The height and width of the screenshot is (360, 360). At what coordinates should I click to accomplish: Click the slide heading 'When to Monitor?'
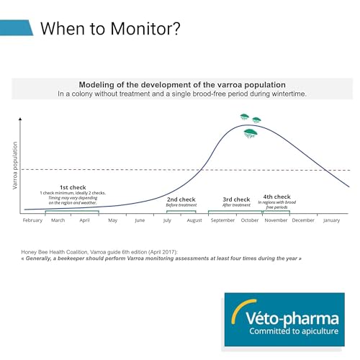(109, 28)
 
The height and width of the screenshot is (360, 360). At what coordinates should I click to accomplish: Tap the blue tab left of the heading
(16, 27)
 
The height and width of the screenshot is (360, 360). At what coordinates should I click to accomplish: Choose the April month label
(85, 220)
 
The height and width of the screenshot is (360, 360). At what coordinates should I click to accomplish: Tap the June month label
(140, 220)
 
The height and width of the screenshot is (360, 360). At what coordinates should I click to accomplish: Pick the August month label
(194, 220)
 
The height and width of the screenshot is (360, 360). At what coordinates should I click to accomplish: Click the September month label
(222, 220)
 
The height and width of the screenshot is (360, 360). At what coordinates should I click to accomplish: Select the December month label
(303, 220)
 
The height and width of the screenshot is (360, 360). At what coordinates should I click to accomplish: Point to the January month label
(331, 220)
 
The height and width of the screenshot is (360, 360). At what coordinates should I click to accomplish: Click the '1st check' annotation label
(72, 187)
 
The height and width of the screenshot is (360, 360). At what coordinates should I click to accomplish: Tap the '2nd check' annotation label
(181, 199)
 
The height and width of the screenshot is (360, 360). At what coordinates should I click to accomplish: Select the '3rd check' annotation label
(236, 199)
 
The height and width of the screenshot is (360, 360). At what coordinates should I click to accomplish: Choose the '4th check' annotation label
(276, 197)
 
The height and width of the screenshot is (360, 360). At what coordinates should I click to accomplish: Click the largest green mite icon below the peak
(250, 132)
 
